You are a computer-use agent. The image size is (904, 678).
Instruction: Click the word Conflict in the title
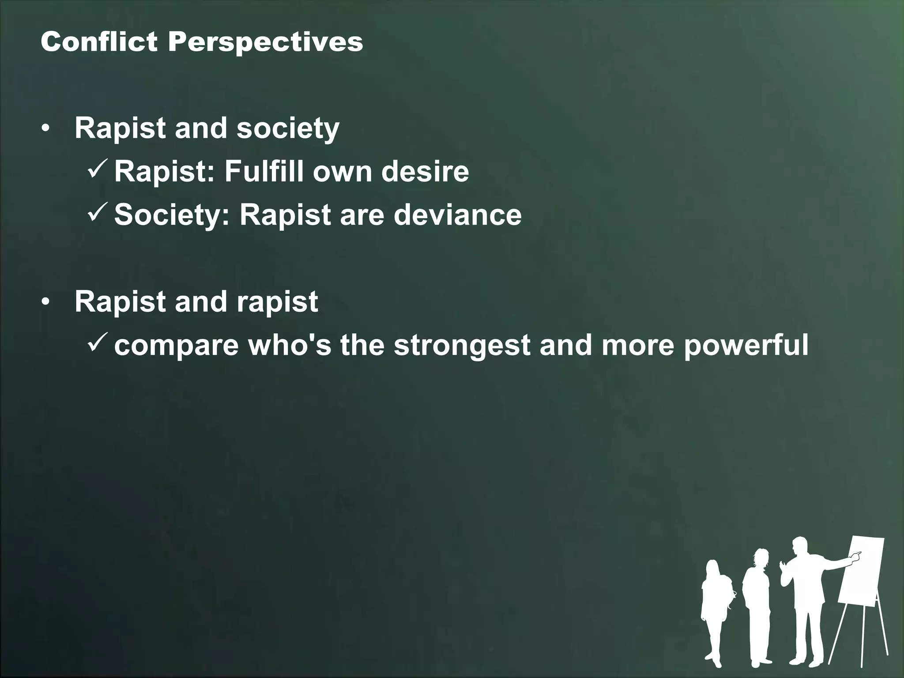click(99, 42)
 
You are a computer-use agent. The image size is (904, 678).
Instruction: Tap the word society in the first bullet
click(288, 129)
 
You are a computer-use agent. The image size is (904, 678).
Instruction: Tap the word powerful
click(746, 345)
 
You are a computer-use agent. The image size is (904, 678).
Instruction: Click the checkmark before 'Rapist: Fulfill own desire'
click(96, 170)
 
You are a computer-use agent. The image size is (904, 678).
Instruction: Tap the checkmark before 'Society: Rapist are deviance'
click(96, 213)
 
